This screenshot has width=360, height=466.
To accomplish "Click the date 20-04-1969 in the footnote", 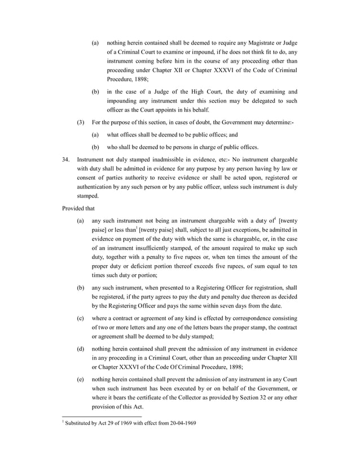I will click(x=182, y=423).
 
